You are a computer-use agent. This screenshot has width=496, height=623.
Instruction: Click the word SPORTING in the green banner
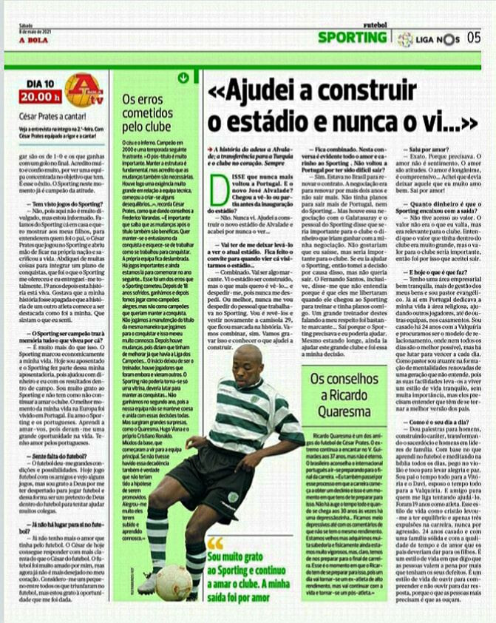pos(352,37)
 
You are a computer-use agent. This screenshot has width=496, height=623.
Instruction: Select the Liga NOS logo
pos(426,38)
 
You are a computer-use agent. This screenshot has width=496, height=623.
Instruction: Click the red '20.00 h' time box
pos(41,95)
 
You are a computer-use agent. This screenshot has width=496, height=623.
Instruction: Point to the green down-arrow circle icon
pos(183,77)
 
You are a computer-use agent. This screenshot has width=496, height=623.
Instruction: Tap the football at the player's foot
pos(172,582)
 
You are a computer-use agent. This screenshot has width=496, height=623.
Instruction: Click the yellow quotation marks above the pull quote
pos(214,544)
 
